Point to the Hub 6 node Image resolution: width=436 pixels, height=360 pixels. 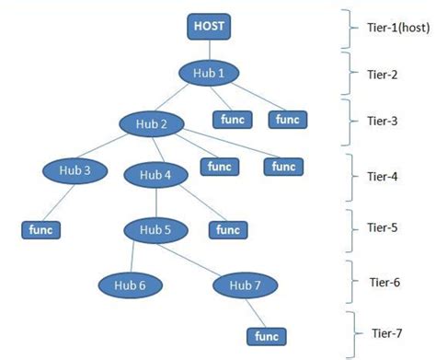[x=130, y=285]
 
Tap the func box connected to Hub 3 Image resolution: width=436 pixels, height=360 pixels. [x=40, y=228]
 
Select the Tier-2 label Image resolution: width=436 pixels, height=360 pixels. [x=381, y=74]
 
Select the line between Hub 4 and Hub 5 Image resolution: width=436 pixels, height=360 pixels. [x=155, y=202]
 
